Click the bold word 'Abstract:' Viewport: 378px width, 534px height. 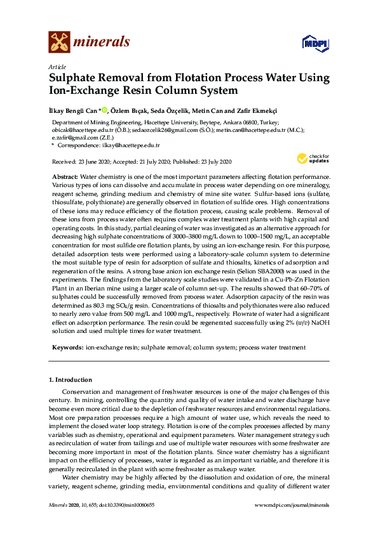tap(65, 174)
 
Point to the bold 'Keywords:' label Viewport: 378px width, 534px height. tap(67, 348)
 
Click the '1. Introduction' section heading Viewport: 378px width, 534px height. tap(70, 380)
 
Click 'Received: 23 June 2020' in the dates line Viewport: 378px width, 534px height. tap(86, 162)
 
